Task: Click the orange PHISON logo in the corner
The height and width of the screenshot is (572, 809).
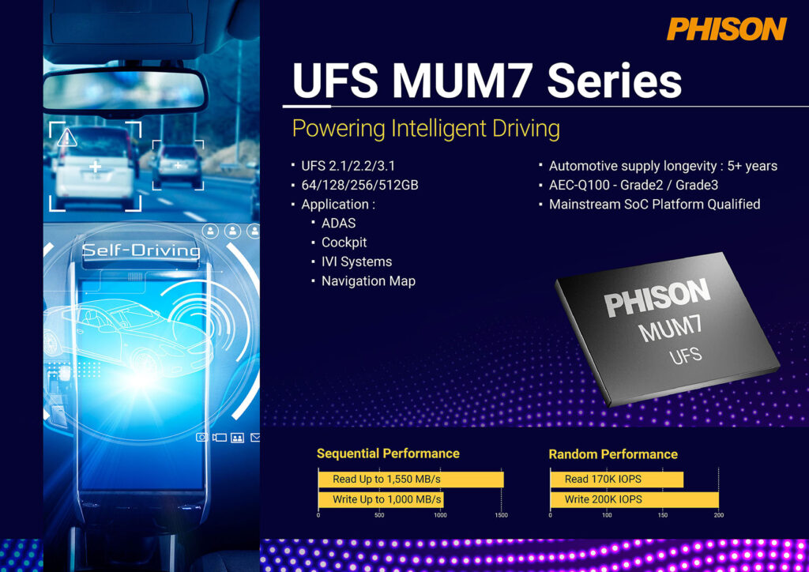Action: point(727,29)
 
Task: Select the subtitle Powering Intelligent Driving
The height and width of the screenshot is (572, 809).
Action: point(426,129)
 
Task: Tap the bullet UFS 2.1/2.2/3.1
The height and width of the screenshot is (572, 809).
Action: point(348,166)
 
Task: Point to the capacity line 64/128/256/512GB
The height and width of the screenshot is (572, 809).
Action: point(359,185)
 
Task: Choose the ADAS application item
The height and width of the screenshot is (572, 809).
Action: point(338,224)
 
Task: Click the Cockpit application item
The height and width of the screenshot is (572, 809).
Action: point(344,243)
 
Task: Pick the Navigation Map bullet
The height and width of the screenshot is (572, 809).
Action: point(368,281)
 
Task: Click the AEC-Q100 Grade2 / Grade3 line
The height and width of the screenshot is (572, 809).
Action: point(634,185)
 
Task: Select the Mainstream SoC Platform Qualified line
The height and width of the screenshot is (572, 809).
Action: point(655,205)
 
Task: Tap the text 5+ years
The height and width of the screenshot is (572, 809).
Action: point(752,166)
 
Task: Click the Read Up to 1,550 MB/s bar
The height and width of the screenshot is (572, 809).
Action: point(411,479)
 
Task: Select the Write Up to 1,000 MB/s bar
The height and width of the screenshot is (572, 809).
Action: point(381,499)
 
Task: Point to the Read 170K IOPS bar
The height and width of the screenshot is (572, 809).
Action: point(616,479)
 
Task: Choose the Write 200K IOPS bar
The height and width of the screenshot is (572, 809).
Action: point(634,499)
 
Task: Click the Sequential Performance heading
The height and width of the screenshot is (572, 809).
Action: point(388,453)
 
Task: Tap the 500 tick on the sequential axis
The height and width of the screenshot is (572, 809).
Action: point(379,515)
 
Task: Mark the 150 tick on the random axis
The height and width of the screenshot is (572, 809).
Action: point(663,515)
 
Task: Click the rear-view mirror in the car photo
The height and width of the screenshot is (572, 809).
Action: point(125,91)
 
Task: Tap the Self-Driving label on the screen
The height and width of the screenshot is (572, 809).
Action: point(141,250)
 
